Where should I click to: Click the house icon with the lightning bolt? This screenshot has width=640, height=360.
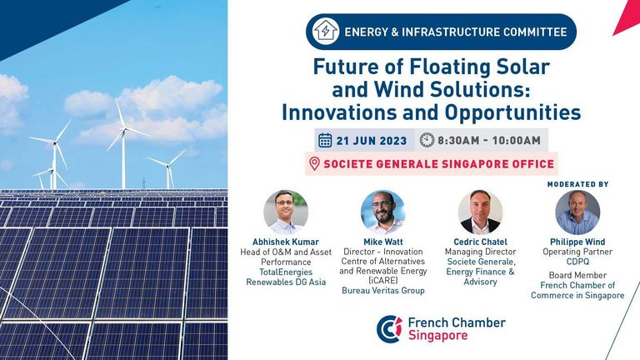point(325,32)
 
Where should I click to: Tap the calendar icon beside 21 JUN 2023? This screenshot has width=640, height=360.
point(325,140)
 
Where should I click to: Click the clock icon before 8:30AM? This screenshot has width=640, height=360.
point(427,140)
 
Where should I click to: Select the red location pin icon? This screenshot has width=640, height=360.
point(314,163)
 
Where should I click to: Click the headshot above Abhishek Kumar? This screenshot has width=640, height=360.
point(286,212)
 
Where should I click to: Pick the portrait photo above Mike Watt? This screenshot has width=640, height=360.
point(382,212)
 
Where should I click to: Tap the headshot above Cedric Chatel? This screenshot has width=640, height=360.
point(480,212)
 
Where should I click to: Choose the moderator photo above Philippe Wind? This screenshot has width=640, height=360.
point(577,212)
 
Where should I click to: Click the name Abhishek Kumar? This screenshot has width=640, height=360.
point(286,242)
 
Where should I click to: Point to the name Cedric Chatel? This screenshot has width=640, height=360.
point(480,242)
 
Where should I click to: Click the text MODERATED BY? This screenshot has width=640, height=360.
point(577,184)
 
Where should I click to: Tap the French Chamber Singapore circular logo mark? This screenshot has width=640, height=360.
point(389,329)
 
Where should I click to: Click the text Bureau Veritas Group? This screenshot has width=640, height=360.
point(383,291)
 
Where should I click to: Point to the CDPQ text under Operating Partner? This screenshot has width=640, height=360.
point(577,262)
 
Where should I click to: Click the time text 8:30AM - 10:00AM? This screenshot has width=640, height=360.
point(489,140)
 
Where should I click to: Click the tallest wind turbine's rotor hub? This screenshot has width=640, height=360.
point(123,130)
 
